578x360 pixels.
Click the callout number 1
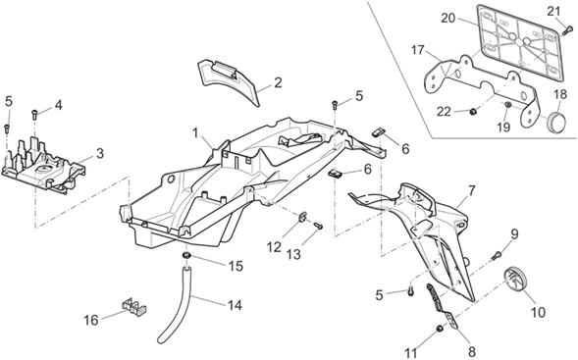[x=196, y=131]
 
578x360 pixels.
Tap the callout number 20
[x=447, y=18]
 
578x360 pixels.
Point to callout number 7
[x=471, y=189]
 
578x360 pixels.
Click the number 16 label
[x=91, y=320]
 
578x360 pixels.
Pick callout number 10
[x=538, y=313]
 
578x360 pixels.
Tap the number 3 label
[x=100, y=154]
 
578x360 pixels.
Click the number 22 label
[x=444, y=111]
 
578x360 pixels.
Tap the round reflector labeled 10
[x=515, y=279]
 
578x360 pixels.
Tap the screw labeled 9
[x=497, y=256]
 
